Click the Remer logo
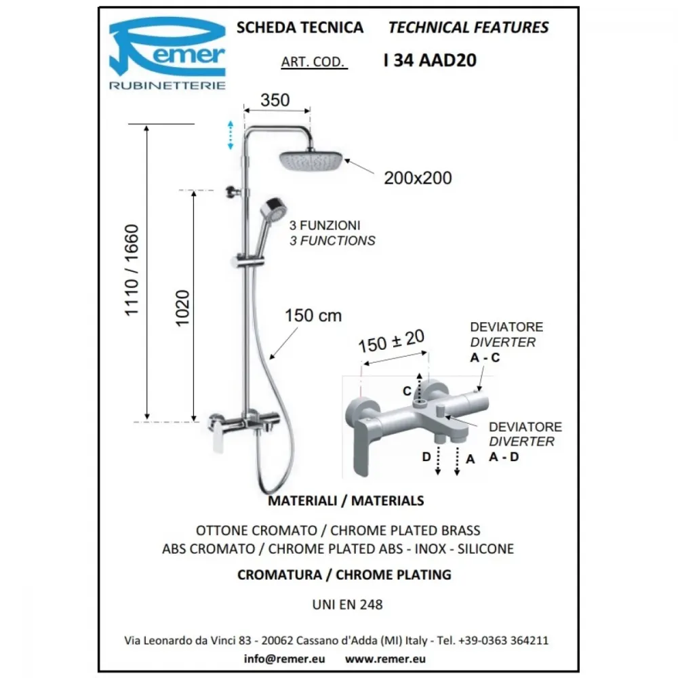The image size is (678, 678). click(x=167, y=53)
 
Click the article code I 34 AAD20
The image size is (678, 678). click(x=430, y=60)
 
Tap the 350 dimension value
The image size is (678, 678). click(x=275, y=100)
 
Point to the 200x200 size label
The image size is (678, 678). click(x=418, y=178)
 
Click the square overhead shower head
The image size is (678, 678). click(x=311, y=161)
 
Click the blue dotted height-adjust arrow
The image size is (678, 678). click(x=231, y=136)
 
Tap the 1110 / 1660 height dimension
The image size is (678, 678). click(x=131, y=271)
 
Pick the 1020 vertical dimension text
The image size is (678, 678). click(x=182, y=308)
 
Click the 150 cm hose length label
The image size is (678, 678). click(x=313, y=316)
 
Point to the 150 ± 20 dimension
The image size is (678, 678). click(x=391, y=341)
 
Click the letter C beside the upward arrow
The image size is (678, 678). click(x=407, y=391)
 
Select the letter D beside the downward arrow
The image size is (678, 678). click(x=426, y=456)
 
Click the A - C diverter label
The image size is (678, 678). click(x=485, y=357)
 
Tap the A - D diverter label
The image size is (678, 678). click(x=504, y=456)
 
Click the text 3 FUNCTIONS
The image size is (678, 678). click(x=332, y=241)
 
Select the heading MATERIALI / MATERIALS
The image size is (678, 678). click(x=346, y=501)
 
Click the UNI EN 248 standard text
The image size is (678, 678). click(x=348, y=605)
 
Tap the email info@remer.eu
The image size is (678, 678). click(x=285, y=658)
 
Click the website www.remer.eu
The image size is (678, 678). click(x=385, y=659)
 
